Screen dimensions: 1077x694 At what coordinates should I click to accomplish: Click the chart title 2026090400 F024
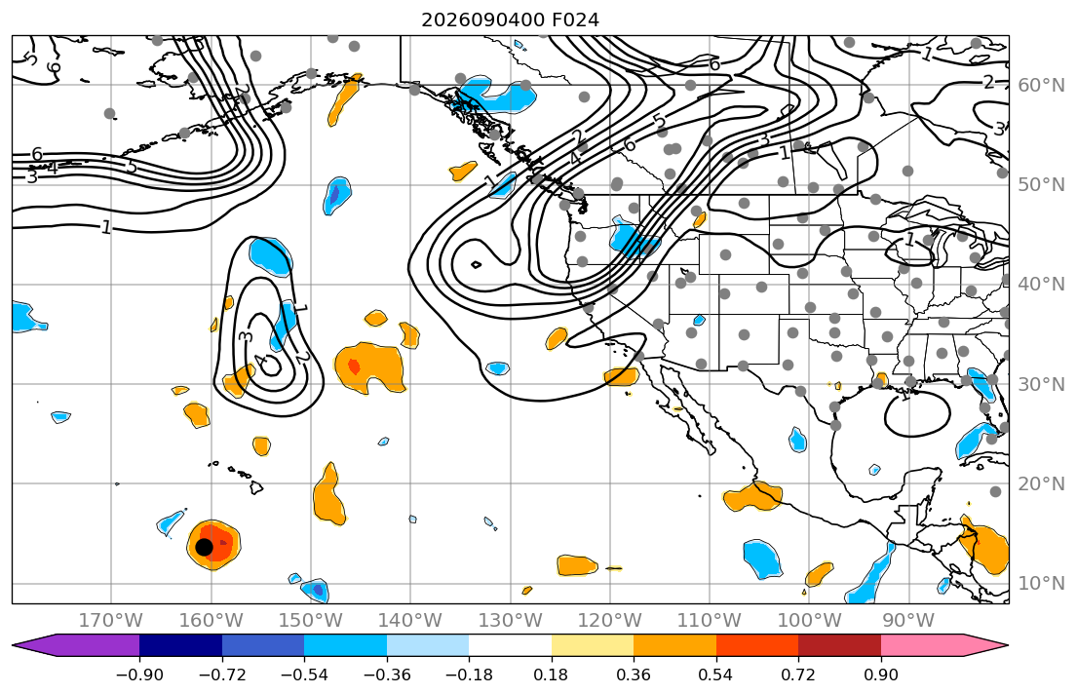pyautogui.click(x=510, y=19)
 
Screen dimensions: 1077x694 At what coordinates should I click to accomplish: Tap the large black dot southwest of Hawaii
pyautogui.click(x=204, y=547)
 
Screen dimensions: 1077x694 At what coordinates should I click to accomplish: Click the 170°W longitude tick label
pyautogui.click(x=111, y=621)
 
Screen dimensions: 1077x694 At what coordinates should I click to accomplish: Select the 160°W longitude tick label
pyautogui.click(x=211, y=621)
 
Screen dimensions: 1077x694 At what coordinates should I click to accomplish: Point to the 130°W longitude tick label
pyautogui.click(x=511, y=621)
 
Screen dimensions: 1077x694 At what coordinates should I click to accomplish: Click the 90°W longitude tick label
pyautogui.click(x=908, y=621)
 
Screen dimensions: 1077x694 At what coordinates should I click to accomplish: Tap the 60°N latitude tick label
pyautogui.click(x=1041, y=85)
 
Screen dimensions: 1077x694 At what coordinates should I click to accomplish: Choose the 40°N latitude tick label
pyautogui.click(x=1041, y=284)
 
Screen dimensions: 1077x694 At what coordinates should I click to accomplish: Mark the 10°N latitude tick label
pyautogui.click(x=1041, y=584)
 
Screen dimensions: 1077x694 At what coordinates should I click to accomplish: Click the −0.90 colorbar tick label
pyautogui.click(x=139, y=675)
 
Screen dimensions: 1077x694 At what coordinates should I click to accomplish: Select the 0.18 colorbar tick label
pyautogui.click(x=552, y=675)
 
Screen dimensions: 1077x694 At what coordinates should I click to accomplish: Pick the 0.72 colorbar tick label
pyautogui.click(x=798, y=675)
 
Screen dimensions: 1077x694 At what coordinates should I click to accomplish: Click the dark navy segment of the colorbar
pyautogui.click(x=180, y=645)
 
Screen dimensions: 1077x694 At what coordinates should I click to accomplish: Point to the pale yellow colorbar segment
pyautogui.click(x=592, y=645)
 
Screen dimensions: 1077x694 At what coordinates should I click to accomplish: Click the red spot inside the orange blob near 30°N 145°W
pyautogui.click(x=354, y=366)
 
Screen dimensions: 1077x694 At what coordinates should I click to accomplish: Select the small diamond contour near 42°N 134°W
pyautogui.click(x=476, y=264)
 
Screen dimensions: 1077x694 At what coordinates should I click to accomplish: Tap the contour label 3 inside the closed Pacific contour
pyautogui.click(x=247, y=336)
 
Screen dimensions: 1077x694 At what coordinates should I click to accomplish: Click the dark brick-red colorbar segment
pyautogui.click(x=839, y=645)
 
